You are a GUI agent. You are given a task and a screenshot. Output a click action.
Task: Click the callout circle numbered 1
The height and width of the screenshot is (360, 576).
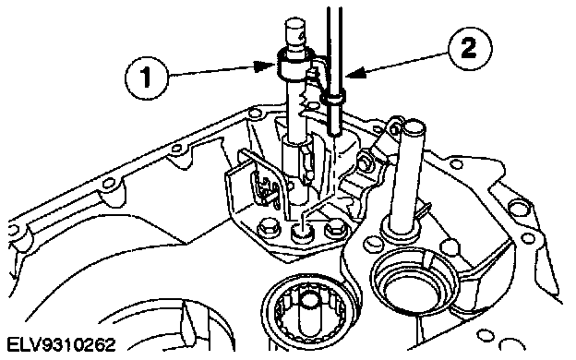coord(146,78)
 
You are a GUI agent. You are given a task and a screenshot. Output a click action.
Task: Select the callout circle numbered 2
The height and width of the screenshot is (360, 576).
coord(469,48)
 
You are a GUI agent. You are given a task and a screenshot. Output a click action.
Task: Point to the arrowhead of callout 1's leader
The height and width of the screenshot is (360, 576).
coord(265,66)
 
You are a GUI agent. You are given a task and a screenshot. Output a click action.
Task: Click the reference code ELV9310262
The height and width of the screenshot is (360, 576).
coord(61,345)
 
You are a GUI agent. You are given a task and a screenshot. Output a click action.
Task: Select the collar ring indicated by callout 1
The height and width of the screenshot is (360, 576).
coord(293,66)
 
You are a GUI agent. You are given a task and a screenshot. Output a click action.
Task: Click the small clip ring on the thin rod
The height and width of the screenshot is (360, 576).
coord(333,99)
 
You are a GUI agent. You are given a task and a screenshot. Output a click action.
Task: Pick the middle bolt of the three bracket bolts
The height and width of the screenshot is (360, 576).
coord(301,232)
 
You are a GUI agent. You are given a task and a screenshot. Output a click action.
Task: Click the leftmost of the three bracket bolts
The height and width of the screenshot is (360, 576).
coord(268,230)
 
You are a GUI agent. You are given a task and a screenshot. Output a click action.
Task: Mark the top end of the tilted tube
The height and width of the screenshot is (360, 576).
coord(414,126)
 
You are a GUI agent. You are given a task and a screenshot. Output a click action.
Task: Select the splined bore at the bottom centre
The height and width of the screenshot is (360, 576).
coord(307,312)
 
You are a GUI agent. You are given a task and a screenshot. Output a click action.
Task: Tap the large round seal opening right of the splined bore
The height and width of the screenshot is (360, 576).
coord(413,281)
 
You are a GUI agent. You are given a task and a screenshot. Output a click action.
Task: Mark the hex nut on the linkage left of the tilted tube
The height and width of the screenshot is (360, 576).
coord(365,161)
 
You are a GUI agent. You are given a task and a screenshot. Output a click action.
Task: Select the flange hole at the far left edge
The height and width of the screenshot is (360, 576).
coord(12,230)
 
